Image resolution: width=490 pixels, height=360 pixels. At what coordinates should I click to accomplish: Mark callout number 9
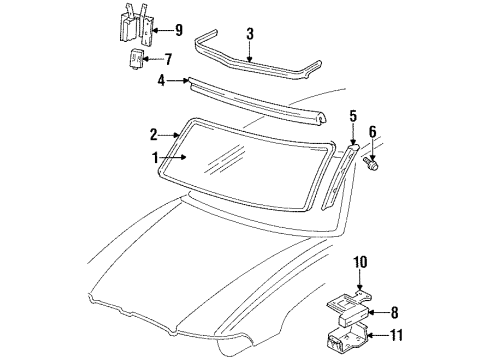(x=178, y=28)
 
